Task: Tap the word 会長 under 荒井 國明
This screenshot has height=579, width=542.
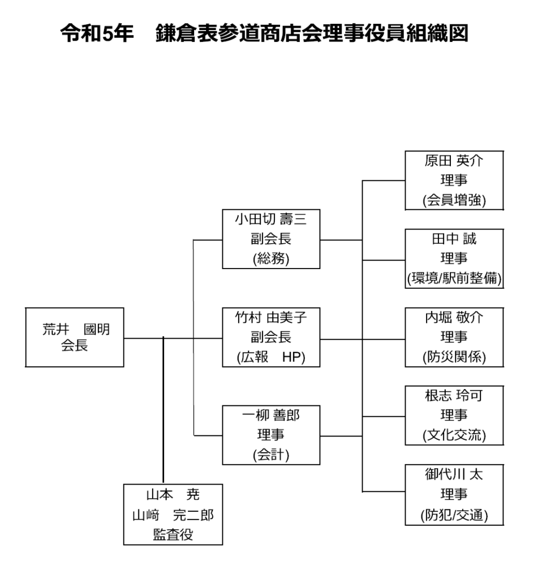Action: point(75,346)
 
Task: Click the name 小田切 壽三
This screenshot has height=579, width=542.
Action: point(271,218)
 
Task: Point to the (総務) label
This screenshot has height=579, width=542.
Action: point(271,259)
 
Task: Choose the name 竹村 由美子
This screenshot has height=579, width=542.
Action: point(271,317)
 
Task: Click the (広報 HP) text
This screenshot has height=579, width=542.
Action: point(271,358)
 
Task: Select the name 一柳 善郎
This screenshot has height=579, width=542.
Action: point(271,416)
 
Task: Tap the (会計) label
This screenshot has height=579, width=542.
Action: point(271,456)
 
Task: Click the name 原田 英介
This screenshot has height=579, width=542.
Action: point(454,160)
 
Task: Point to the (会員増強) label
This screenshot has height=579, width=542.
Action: point(454,200)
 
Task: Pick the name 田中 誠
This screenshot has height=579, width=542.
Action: point(454,239)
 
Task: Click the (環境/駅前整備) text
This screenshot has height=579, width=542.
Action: point(454,279)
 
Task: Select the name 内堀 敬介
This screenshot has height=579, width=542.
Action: point(454,317)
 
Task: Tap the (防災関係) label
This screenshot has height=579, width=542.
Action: point(454,357)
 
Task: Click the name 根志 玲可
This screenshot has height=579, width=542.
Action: point(454,395)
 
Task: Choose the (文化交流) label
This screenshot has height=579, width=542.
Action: point(454,435)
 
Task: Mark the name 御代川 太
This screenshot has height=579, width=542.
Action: point(454,474)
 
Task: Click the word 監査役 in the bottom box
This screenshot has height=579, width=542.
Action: point(173,535)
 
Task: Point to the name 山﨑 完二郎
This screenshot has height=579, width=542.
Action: point(173,515)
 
